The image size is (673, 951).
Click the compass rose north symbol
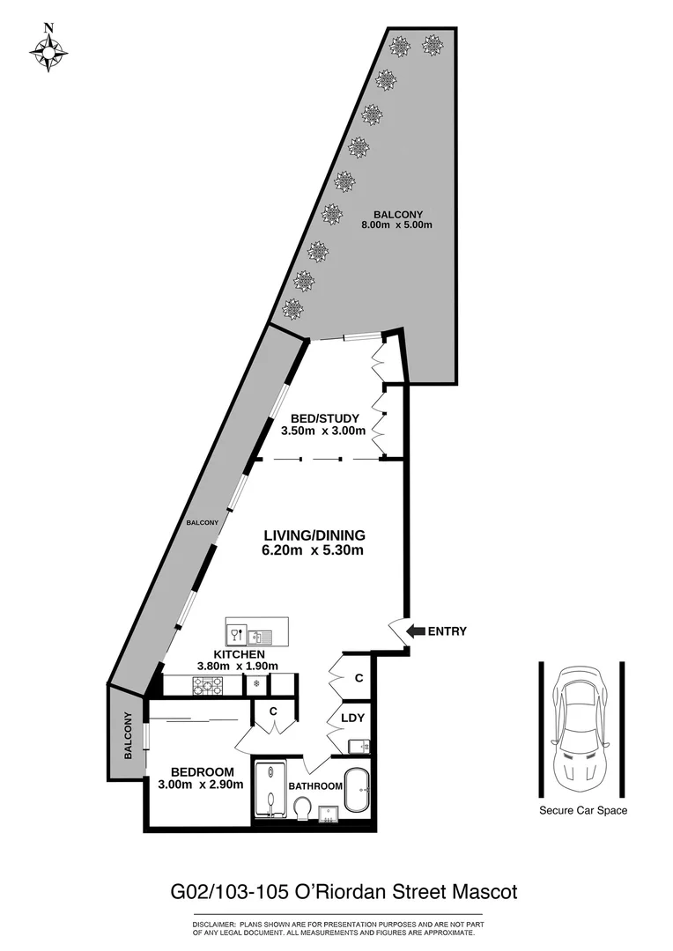click(48, 50)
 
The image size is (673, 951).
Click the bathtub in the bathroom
click(357, 792)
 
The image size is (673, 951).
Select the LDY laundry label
click(352, 719)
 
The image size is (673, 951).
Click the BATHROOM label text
click(314, 785)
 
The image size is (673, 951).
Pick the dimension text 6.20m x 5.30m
click(313, 551)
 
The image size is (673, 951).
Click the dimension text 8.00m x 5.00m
click(397, 225)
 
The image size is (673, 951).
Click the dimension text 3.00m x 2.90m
click(201, 785)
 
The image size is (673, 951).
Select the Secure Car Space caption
click(583, 811)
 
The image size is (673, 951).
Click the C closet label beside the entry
click(359, 678)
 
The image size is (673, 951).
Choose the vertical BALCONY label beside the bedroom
click(128, 734)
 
